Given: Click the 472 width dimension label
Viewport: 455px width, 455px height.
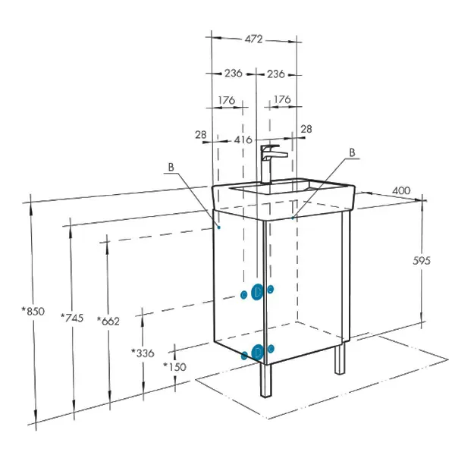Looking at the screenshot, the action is coord(253,39).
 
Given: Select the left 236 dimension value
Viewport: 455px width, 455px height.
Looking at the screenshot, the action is coord(234,73).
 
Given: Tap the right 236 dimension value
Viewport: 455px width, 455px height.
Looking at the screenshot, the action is coord(276,74).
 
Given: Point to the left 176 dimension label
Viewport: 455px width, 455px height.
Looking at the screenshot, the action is coord(227,100).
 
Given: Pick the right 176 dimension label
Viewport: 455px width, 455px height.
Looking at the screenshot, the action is coord(282,99).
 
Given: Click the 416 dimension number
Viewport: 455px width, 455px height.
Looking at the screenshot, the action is coord(243,140).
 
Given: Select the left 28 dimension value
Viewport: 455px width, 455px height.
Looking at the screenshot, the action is coord(201,135).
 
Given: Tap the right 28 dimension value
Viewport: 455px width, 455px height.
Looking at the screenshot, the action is coord(306,129).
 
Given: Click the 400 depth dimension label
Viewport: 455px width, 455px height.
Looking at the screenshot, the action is coord(401,190).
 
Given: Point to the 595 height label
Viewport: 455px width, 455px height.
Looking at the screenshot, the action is coord(422,261).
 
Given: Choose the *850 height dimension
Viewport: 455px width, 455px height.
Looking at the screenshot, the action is coord(33,311).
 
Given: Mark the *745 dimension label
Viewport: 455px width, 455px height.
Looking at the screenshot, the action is coord(72,318).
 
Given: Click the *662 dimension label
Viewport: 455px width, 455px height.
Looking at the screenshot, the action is coord(108,321).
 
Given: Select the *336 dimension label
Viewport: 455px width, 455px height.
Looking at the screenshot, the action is coord(143,353).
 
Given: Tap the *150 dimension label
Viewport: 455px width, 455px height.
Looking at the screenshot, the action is coord(174,367).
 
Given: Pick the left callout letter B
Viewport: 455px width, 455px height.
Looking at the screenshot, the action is coord(171,167).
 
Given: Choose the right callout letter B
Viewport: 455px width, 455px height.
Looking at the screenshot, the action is coord(352,152).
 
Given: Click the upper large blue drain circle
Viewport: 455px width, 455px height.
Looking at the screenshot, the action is coord(257,292).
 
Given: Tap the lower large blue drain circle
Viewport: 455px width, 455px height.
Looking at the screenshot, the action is coord(257,352).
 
